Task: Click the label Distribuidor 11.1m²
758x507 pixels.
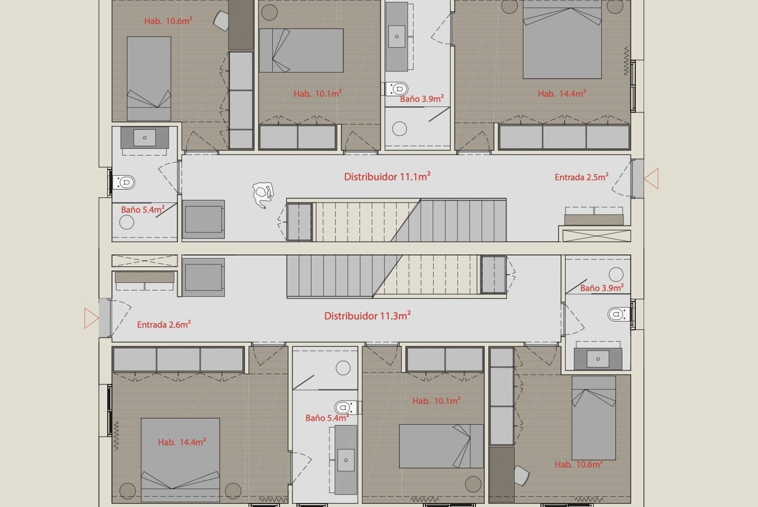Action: coord(387,176)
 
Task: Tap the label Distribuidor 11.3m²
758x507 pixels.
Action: coord(368,315)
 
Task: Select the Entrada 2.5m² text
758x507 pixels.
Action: coord(581,177)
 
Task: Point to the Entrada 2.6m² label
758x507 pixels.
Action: coord(164,324)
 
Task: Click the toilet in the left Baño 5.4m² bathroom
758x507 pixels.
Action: coord(124,182)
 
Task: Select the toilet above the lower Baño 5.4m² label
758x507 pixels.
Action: coord(346,407)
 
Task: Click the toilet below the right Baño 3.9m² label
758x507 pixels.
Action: coord(619,315)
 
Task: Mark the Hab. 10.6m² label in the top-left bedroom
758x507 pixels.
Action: coord(168,21)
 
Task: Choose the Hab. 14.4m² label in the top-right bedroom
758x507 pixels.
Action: coord(562,93)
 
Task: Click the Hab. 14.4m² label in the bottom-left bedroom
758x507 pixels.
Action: coord(182,442)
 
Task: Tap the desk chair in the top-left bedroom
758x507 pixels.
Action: coord(221,21)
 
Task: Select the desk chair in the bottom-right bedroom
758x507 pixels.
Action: coord(521,476)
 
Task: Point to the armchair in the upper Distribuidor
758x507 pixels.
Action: coord(203,219)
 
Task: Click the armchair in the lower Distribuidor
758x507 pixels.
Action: coord(203,277)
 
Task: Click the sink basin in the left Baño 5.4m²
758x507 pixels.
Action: coord(144,138)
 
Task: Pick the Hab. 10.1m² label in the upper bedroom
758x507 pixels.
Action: coord(318,93)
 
